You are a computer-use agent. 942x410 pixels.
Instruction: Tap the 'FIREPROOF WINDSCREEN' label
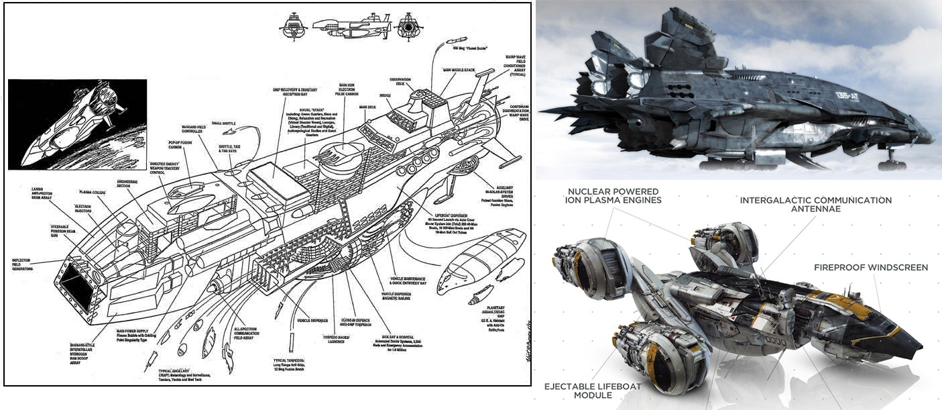point(871,267)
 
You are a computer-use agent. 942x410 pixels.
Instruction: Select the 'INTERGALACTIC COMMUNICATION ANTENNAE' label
point(815,205)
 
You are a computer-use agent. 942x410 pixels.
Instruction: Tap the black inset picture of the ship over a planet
point(77,124)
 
